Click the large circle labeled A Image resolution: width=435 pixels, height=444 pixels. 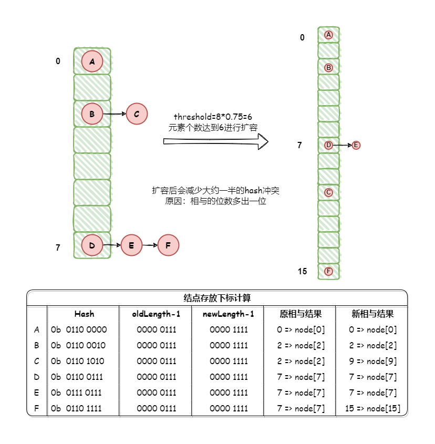pyautogui.click(x=92, y=61)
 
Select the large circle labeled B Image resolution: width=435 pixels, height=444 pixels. pyautogui.click(x=92, y=113)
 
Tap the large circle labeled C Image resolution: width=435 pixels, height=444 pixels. pyautogui.click(x=137, y=113)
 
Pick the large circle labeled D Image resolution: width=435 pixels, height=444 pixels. pyautogui.click(x=92, y=245)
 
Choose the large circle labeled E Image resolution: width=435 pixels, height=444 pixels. pyautogui.click(x=131, y=245)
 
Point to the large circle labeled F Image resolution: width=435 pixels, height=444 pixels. pyautogui.click(x=168, y=245)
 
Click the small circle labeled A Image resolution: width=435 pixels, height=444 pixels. pyautogui.click(x=328, y=35)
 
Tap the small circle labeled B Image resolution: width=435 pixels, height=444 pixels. pyautogui.click(x=328, y=68)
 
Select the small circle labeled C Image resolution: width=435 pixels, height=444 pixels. pyautogui.click(x=328, y=192)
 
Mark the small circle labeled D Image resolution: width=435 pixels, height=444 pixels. pyautogui.click(x=328, y=145)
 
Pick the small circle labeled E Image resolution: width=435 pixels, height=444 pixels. pyautogui.click(x=356, y=145)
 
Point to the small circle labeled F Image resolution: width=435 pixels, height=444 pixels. pyautogui.click(x=328, y=271)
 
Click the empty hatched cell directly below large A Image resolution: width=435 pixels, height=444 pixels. pyautogui.click(x=92, y=87)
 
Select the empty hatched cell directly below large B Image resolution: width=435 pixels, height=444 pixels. pyautogui.click(x=92, y=140)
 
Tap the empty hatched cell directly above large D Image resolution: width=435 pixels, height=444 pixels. pyautogui.click(x=92, y=219)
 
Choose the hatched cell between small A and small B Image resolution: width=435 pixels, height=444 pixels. pyautogui.click(x=328, y=50)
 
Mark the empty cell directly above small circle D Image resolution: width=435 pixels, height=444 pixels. pyautogui.click(x=328, y=129)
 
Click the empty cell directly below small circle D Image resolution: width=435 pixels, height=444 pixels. pyautogui.click(x=328, y=161)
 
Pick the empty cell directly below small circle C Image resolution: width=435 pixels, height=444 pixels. pyautogui.click(x=328, y=208)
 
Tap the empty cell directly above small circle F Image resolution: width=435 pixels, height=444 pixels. pyautogui.click(x=328, y=255)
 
